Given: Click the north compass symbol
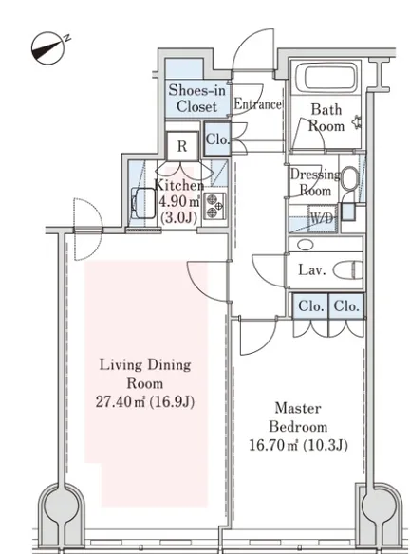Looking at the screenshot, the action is [x=48, y=48].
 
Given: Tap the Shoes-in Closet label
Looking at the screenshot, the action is [x=196, y=98].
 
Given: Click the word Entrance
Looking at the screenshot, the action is [x=257, y=104].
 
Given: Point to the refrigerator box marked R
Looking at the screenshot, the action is [x=182, y=146].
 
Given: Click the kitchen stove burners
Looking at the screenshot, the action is [x=214, y=207].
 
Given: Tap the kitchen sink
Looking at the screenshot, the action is [x=143, y=203].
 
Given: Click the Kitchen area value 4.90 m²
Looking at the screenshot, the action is [x=178, y=202].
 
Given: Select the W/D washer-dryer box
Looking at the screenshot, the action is [x=322, y=219].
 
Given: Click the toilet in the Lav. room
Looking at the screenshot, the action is [x=348, y=270].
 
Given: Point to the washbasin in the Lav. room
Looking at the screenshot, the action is [x=305, y=245].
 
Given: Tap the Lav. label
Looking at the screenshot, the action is [x=311, y=270].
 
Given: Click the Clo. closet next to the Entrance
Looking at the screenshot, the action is [x=217, y=138].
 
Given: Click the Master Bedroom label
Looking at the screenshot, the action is [x=298, y=417].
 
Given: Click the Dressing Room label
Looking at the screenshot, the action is [x=315, y=183].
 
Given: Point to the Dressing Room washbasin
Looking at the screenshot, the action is [x=350, y=178].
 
